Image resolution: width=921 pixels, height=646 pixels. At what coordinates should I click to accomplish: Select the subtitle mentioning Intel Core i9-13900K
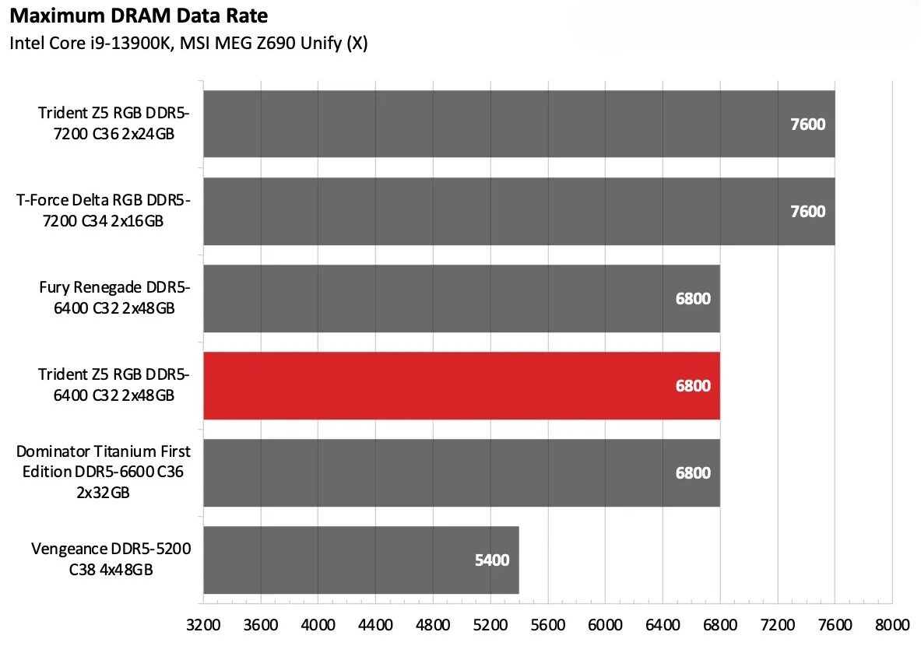tap(188, 44)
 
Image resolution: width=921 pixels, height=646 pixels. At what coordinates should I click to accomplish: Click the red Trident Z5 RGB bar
tap(461, 385)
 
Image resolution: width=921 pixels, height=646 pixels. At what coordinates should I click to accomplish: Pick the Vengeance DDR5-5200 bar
tap(360, 560)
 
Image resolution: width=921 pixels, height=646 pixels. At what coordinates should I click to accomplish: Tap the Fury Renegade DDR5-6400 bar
tap(461, 298)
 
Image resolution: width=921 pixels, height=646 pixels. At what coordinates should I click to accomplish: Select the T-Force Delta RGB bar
tap(519, 211)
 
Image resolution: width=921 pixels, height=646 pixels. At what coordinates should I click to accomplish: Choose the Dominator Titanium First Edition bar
tap(461, 472)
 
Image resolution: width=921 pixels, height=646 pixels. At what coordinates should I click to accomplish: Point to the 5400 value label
tap(491, 560)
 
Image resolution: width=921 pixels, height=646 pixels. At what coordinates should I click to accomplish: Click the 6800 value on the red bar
tap(693, 386)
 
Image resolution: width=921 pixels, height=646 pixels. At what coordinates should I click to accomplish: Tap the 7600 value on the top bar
tap(807, 125)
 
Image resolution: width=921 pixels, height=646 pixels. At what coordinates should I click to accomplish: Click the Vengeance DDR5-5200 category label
tap(111, 560)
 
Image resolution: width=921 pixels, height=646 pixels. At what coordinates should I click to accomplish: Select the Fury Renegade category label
tap(114, 298)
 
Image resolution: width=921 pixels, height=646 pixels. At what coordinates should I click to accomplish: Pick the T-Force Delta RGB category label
tap(104, 211)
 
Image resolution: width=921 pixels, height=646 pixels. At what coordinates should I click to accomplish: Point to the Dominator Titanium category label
tap(104, 472)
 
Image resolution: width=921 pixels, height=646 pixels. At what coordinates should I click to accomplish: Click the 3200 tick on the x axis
tap(203, 625)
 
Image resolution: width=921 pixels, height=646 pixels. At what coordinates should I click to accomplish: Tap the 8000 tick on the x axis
tap(892, 625)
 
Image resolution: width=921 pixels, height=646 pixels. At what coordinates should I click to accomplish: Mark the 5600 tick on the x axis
tap(548, 625)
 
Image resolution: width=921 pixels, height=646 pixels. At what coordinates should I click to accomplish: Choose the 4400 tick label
tap(375, 625)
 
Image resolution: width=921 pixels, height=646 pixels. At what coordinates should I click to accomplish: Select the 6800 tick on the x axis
tap(720, 625)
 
